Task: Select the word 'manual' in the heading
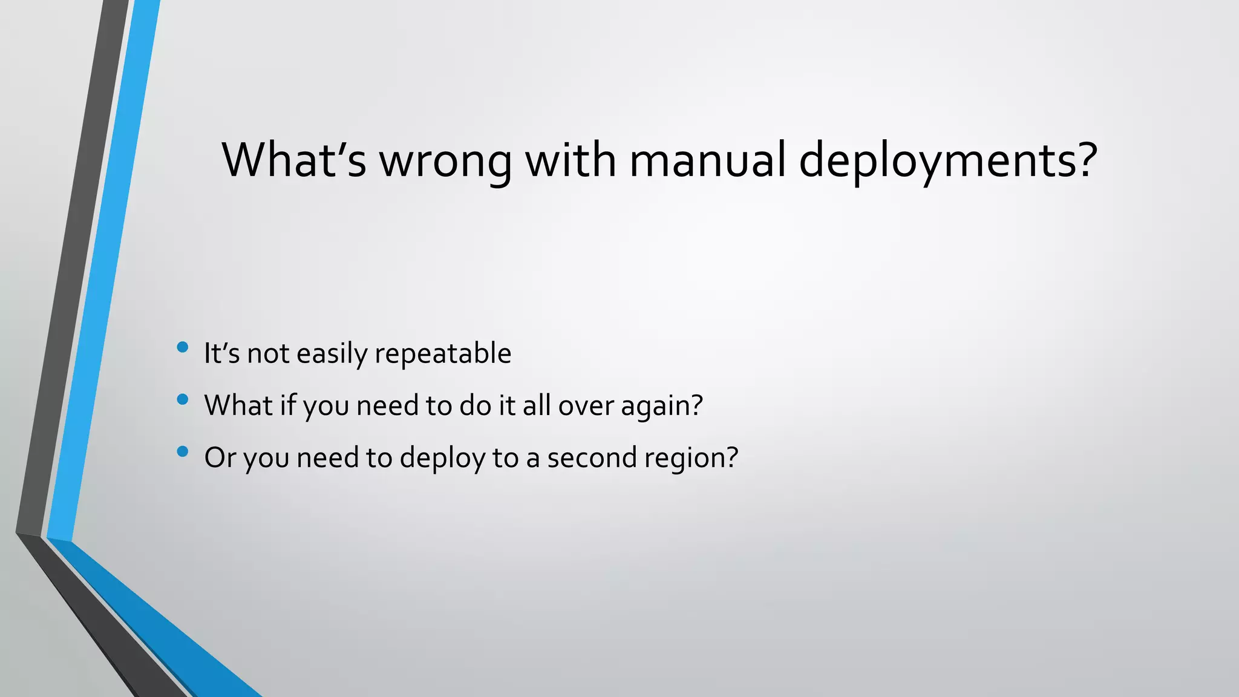coord(707,160)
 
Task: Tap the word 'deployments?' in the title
coord(948,160)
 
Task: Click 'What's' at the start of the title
coord(294,160)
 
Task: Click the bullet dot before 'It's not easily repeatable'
coord(183,347)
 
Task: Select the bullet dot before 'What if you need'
coord(183,399)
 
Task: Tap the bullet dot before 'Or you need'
coord(183,451)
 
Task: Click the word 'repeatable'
coord(443,353)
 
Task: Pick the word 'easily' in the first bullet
coord(332,353)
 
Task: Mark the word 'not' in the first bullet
coord(268,353)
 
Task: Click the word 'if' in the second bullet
coord(287,405)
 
